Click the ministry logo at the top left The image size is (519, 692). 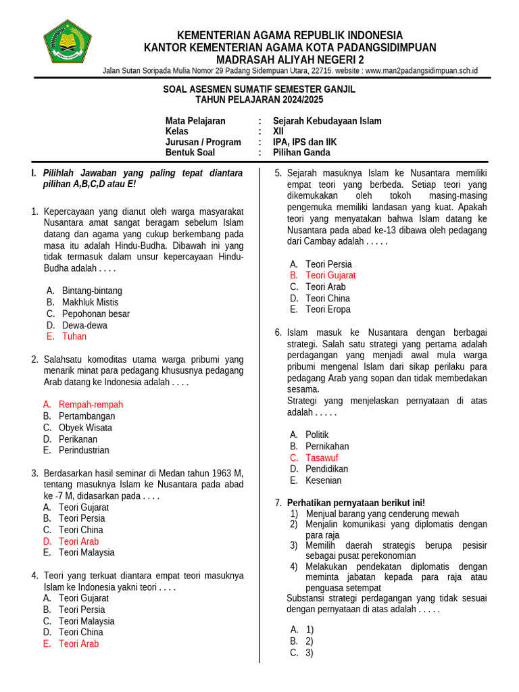pyautogui.click(x=66, y=42)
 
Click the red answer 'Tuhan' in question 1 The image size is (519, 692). pyautogui.click(x=74, y=337)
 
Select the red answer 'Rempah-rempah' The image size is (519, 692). pyautogui.click(x=91, y=405)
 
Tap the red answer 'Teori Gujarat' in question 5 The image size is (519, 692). pyautogui.click(x=330, y=276)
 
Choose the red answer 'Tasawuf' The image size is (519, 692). pyautogui.click(x=322, y=458)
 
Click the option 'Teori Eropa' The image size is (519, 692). pyautogui.click(x=328, y=310)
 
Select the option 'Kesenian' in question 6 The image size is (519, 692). pyautogui.click(x=323, y=480)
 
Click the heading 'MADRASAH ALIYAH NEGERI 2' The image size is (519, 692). pyautogui.click(x=290, y=59)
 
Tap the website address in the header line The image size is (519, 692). pyautogui.click(x=421, y=70)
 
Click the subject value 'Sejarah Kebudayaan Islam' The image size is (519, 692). pyautogui.click(x=332, y=121)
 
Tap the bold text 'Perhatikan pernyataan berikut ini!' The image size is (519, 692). pyautogui.click(x=356, y=503)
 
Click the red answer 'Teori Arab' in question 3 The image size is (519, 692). pyautogui.click(x=78, y=541)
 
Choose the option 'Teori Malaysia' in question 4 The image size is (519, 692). pyautogui.click(x=86, y=621)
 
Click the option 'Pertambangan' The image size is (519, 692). pyautogui.click(x=86, y=416)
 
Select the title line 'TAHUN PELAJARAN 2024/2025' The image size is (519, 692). pyautogui.click(x=259, y=99)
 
